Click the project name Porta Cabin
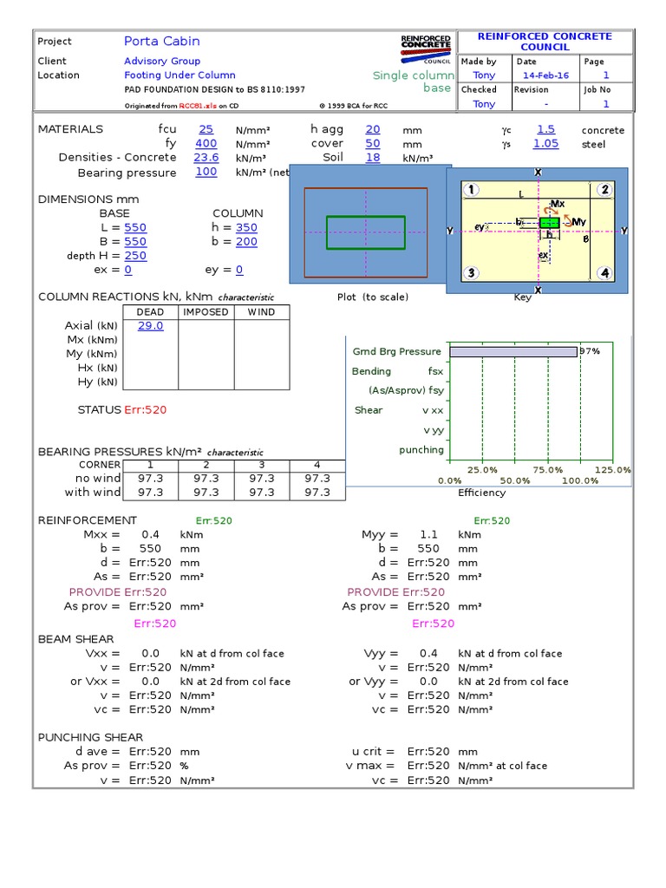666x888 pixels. pyautogui.click(x=161, y=41)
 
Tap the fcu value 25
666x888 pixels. pyautogui.click(x=206, y=129)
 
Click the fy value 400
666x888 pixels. pyautogui.click(x=206, y=144)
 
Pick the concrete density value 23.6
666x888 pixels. pyautogui.click(x=206, y=158)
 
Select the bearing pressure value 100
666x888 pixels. pyautogui.click(x=206, y=173)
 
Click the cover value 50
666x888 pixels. pyautogui.click(x=372, y=144)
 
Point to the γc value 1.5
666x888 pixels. pyautogui.click(x=545, y=129)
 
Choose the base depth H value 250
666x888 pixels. pyautogui.click(x=135, y=256)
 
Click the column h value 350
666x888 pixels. pyautogui.click(x=246, y=228)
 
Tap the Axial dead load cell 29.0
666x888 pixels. pyautogui.click(x=150, y=326)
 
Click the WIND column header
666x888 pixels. pyautogui.click(x=261, y=312)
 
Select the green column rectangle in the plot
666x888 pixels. pyautogui.click(x=365, y=232)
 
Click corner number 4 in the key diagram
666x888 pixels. pyautogui.click(x=604, y=273)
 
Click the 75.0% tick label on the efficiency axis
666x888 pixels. pyautogui.click(x=548, y=469)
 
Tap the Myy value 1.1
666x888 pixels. pyautogui.click(x=428, y=535)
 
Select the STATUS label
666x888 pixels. pyautogui.click(x=99, y=409)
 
